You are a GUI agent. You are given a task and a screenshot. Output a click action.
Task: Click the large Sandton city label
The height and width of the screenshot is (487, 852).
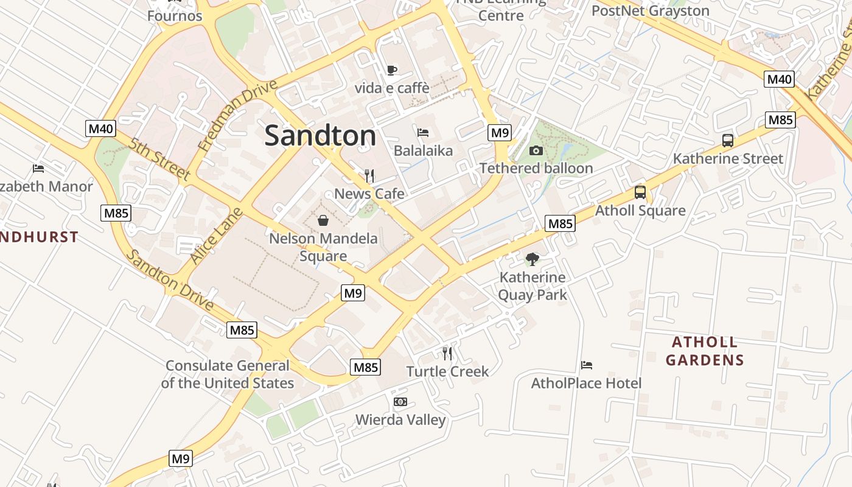pos(320,136)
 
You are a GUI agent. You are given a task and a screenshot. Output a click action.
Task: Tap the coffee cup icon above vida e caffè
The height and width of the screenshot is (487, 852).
pos(392,70)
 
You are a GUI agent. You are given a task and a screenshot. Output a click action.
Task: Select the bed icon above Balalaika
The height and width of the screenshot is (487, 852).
pos(423,132)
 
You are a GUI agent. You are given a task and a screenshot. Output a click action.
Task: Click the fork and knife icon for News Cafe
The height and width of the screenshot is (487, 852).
pos(369,176)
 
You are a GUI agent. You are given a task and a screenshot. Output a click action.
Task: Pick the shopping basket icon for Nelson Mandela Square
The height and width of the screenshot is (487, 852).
pos(323,220)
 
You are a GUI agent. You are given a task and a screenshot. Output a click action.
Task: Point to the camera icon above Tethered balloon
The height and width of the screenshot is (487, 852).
pos(536,150)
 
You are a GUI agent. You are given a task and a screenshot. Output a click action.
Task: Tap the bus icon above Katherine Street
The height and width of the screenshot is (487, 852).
pos(727,141)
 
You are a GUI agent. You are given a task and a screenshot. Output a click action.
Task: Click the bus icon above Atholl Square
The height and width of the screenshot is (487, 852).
pos(640,192)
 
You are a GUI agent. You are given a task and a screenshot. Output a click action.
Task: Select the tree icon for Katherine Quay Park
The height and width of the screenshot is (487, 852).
pos(532,259)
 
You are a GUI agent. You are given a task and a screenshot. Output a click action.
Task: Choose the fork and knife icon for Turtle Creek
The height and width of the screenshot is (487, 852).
pos(447,353)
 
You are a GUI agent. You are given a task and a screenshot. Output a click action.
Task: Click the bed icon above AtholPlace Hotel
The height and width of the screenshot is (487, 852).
pos(587,365)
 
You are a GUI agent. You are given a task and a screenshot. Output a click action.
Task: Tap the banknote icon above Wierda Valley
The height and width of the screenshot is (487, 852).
pos(400,402)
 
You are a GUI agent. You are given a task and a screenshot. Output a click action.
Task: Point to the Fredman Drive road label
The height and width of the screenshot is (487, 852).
pos(237,115)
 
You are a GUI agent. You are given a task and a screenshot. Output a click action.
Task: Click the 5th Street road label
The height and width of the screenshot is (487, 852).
pos(160,159)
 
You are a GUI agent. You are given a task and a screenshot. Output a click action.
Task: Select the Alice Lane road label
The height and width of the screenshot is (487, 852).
pos(217,236)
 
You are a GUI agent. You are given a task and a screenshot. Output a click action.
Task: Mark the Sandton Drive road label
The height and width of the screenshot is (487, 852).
pos(170,281)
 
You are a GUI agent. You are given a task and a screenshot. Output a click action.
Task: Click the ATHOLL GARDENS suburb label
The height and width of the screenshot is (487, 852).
pos(705,351)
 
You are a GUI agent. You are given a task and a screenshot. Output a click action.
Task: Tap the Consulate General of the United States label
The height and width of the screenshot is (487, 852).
pos(228,374)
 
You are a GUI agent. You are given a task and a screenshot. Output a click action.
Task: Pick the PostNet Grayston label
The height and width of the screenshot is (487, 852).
pos(651,11)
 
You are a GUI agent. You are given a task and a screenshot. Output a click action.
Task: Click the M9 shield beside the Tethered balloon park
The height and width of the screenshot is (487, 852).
pos(500,132)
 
